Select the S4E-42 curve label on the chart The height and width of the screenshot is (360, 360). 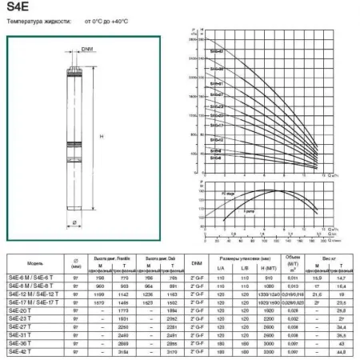(x=217, y=52)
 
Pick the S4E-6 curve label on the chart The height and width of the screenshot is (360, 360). (x=216, y=158)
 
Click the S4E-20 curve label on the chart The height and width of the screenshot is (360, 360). (x=217, y=115)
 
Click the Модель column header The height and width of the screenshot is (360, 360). (x=25, y=262)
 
